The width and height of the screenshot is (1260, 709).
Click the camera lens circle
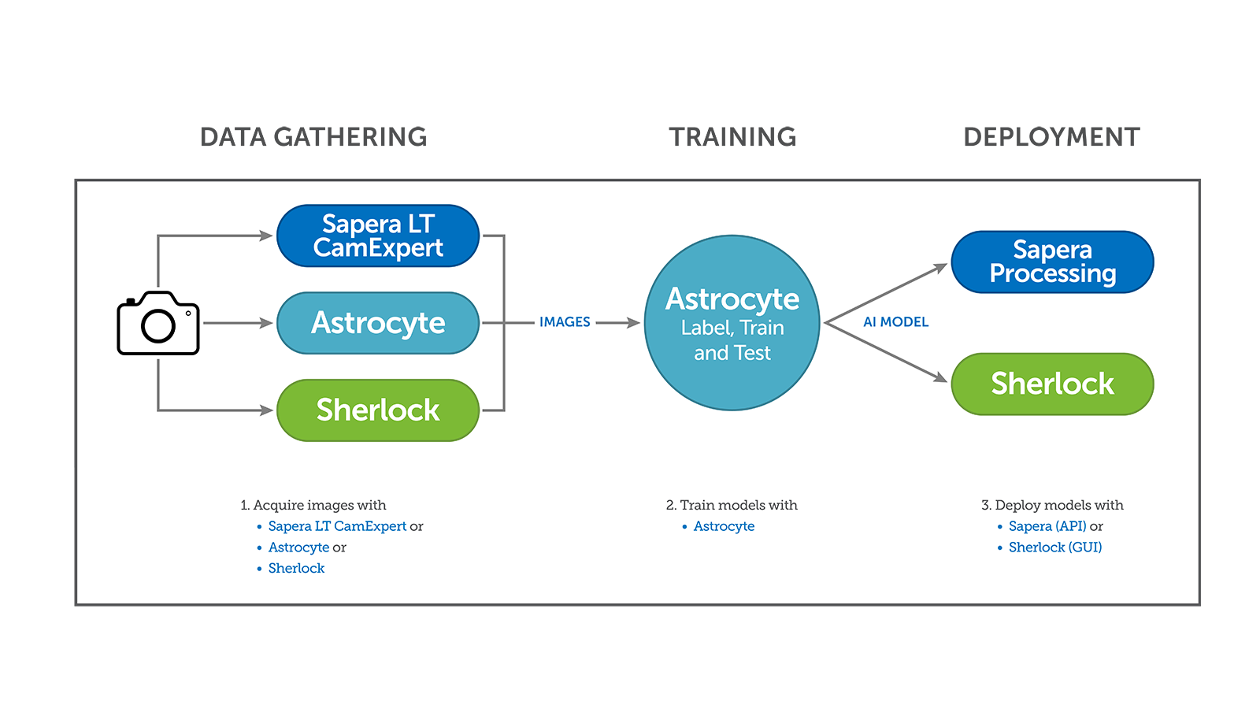pos(158,325)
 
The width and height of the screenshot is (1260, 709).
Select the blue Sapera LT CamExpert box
pos(378,236)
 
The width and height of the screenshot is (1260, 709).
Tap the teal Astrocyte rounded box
pos(378,323)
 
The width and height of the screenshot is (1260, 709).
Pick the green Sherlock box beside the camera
pos(378,410)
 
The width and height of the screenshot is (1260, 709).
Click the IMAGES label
pos(565,322)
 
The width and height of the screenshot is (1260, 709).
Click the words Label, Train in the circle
pos(732,328)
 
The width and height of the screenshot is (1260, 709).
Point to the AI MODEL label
pos(895,322)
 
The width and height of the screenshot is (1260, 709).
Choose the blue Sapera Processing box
pos(1052,262)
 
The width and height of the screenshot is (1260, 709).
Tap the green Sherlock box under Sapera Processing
pos(1052,384)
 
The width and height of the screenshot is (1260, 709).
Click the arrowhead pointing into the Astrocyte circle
pos(632,322)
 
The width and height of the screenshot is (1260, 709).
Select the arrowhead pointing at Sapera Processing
pos(940,269)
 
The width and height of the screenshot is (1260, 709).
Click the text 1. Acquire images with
pos(313,505)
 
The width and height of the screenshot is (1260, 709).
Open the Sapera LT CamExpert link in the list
pos(337,526)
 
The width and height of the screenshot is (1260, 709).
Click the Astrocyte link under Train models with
pos(724,526)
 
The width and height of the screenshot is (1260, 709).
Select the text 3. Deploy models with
pos(1052,505)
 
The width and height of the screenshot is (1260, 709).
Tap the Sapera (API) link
pos(1047,526)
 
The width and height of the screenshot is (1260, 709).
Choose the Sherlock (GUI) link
pos(1055,548)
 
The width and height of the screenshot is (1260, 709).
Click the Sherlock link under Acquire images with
pos(296,569)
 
